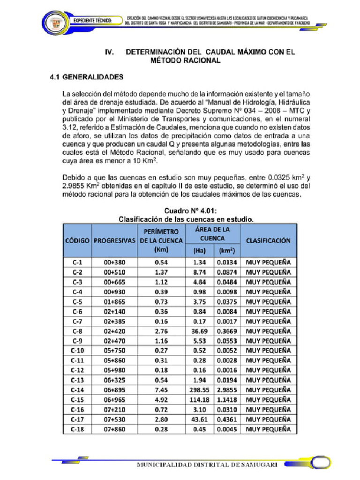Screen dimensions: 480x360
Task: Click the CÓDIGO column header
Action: (x=77, y=240)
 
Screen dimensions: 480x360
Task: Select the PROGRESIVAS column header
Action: (x=114, y=240)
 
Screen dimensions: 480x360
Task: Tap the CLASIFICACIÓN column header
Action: (x=268, y=240)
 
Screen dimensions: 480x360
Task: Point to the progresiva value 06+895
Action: (x=114, y=390)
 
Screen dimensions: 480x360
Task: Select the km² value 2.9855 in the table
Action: (x=227, y=390)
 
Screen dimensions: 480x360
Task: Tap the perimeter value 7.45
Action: (x=161, y=390)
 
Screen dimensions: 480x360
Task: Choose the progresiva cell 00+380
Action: (x=114, y=262)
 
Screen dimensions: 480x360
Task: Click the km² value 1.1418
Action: (x=227, y=399)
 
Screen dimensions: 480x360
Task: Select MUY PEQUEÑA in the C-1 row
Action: (x=268, y=262)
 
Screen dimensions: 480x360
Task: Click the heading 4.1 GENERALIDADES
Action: (x=87, y=76)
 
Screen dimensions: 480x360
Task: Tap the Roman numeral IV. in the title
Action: (x=110, y=52)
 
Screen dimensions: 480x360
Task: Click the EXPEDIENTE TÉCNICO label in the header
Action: (x=92, y=21)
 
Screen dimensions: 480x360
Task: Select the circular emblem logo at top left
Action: (x=55, y=22)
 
